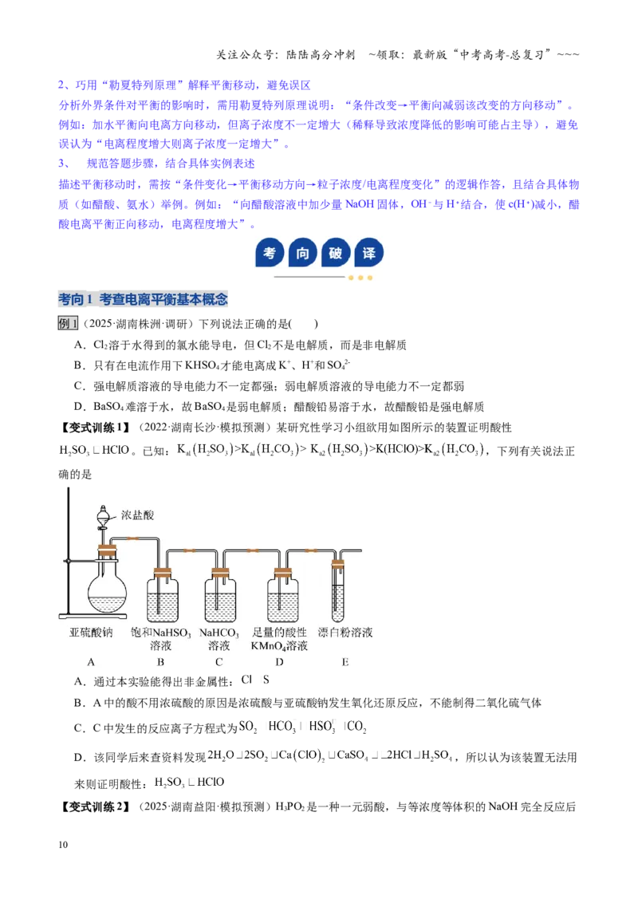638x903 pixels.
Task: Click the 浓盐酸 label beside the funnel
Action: (137, 515)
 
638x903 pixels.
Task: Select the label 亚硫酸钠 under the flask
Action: (91, 633)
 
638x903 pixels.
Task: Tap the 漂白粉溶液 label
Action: (345, 633)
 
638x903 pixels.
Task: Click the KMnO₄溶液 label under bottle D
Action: (279, 646)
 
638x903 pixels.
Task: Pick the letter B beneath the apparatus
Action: (160, 662)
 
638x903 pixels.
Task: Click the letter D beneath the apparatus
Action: (279, 662)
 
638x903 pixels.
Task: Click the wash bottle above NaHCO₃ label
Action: (221, 595)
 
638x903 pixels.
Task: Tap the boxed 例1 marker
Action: (68, 324)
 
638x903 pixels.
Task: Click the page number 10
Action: (63, 845)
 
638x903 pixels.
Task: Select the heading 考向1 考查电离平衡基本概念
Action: (143, 299)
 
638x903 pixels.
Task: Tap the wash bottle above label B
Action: (163, 595)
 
